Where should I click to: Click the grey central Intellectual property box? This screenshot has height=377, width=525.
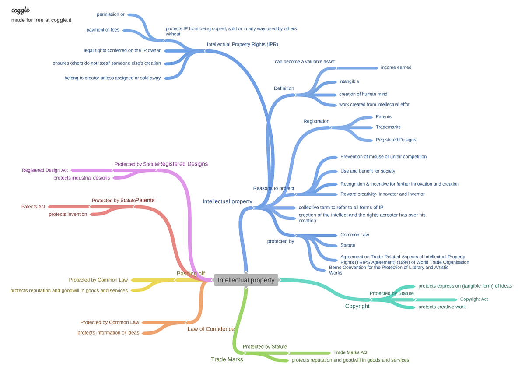pos(246,280)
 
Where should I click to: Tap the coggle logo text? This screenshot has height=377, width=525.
pos(21,10)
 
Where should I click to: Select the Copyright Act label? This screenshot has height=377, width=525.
pos(474,299)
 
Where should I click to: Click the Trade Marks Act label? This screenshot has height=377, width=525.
pos(350,352)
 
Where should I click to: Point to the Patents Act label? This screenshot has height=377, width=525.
pos(33,206)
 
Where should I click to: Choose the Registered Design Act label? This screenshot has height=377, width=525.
pos(45,170)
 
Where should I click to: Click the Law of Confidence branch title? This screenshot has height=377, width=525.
pos(211,329)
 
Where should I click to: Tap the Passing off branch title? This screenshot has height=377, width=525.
pos(190,273)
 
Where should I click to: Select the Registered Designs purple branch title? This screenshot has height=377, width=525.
pos(183,164)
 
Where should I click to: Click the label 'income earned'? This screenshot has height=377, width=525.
pos(396,67)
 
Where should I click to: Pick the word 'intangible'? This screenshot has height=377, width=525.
pos(349,81)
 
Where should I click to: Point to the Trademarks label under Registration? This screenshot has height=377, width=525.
pos(388,127)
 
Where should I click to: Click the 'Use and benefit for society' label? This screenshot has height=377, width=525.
pos(367,171)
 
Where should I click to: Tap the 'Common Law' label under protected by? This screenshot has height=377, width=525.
pos(354,235)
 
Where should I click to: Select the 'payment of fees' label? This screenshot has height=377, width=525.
pos(103,30)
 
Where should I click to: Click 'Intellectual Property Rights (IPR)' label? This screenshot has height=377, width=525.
pos(242,44)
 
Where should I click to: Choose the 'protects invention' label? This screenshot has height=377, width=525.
pos(68,214)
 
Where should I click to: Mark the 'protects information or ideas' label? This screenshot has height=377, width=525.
pos(108,332)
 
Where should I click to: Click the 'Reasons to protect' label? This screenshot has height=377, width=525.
pos(273,188)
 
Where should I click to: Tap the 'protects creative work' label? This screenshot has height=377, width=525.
pos(442,307)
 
